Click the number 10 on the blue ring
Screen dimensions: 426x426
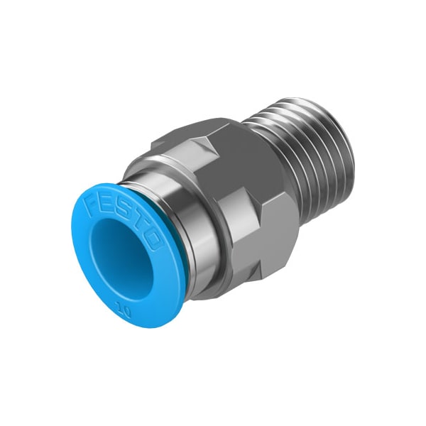coord(123,310)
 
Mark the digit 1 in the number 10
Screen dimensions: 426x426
coord(119,308)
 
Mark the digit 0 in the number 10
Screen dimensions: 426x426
coord(126,311)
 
